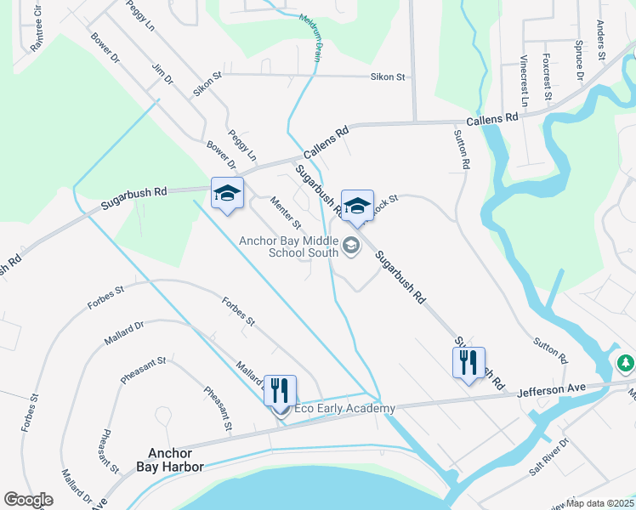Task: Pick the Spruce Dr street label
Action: (579, 63)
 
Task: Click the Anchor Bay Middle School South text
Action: (289, 246)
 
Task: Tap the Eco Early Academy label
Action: (344, 409)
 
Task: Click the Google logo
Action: (28, 500)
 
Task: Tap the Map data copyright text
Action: (600, 502)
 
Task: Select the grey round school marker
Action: (350, 247)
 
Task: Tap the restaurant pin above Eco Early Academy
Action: (280, 391)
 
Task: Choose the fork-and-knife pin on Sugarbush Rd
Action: (468, 363)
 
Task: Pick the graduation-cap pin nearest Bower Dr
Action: (227, 194)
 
